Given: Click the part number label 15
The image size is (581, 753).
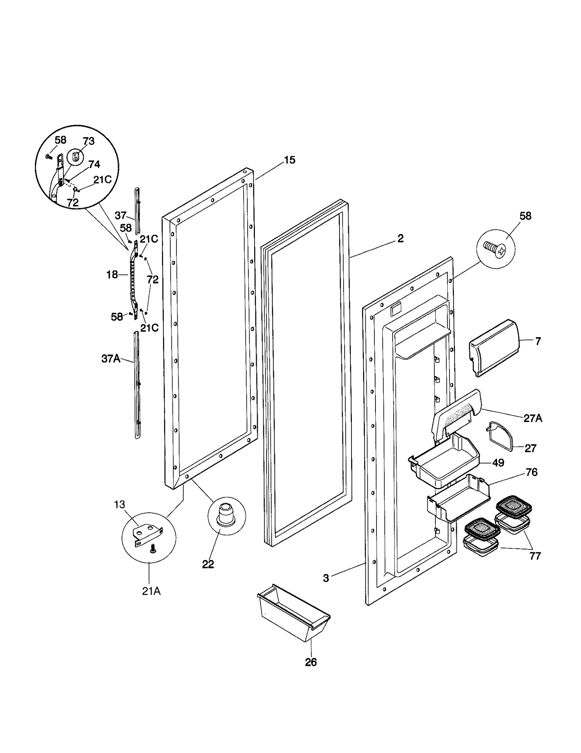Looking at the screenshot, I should tap(289, 160).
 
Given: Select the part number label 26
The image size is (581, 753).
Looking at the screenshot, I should tap(311, 662).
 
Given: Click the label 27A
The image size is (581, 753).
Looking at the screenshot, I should tap(533, 418).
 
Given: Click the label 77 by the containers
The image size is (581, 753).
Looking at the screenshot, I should tap(535, 556).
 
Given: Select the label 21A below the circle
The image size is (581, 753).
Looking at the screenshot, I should tap(151, 592).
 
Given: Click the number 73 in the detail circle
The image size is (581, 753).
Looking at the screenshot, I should tap(89, 141).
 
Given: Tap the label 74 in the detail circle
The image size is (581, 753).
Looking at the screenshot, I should tap(94, 164).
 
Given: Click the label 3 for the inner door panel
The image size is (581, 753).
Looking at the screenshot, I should tap(326, 578).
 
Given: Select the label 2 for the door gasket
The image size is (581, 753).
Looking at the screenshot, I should tap(400, 238).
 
